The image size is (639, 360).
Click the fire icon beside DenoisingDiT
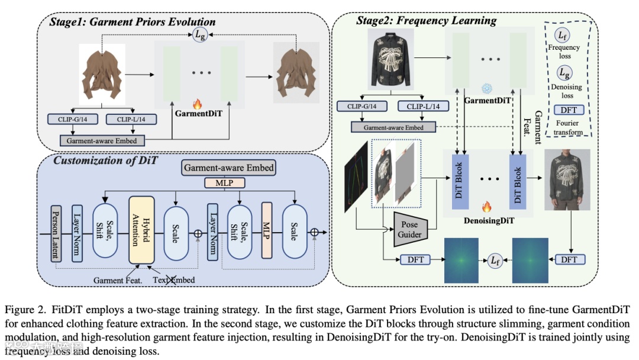(487, 207)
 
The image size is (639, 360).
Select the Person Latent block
(56, 233)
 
